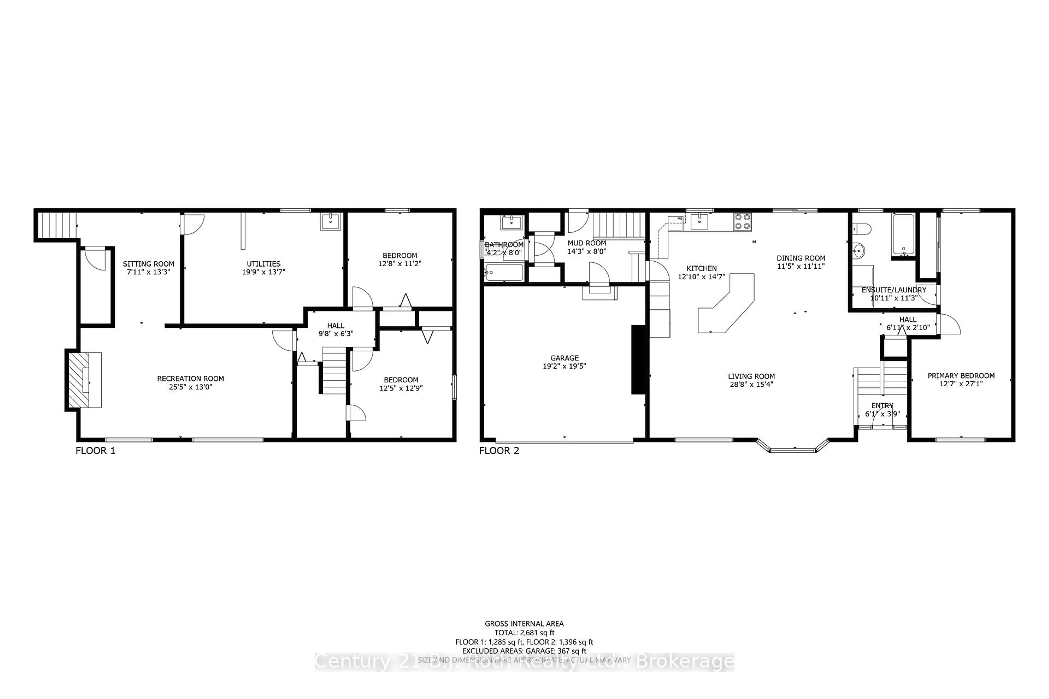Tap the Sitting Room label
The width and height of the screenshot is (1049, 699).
click(149, 264)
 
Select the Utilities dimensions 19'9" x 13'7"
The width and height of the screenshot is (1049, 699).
click(264, 272)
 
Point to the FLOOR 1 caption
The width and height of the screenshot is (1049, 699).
click(95, 451)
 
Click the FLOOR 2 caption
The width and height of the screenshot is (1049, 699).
click(499, 451)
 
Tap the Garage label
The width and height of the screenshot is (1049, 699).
click(564, 358)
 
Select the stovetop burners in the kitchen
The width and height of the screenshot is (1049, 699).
click(742, 221)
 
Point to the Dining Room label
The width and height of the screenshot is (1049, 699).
click(801, 258)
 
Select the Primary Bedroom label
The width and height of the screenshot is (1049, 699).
click(961, 376)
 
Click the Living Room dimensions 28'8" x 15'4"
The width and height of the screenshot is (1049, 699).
click(752, 384)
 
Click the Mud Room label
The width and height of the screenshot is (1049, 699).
click(587, 243)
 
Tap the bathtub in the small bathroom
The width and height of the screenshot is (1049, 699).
click(504, 273)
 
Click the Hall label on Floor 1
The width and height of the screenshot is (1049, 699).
click(335, 326)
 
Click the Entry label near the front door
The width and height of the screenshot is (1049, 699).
click(882, 406)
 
